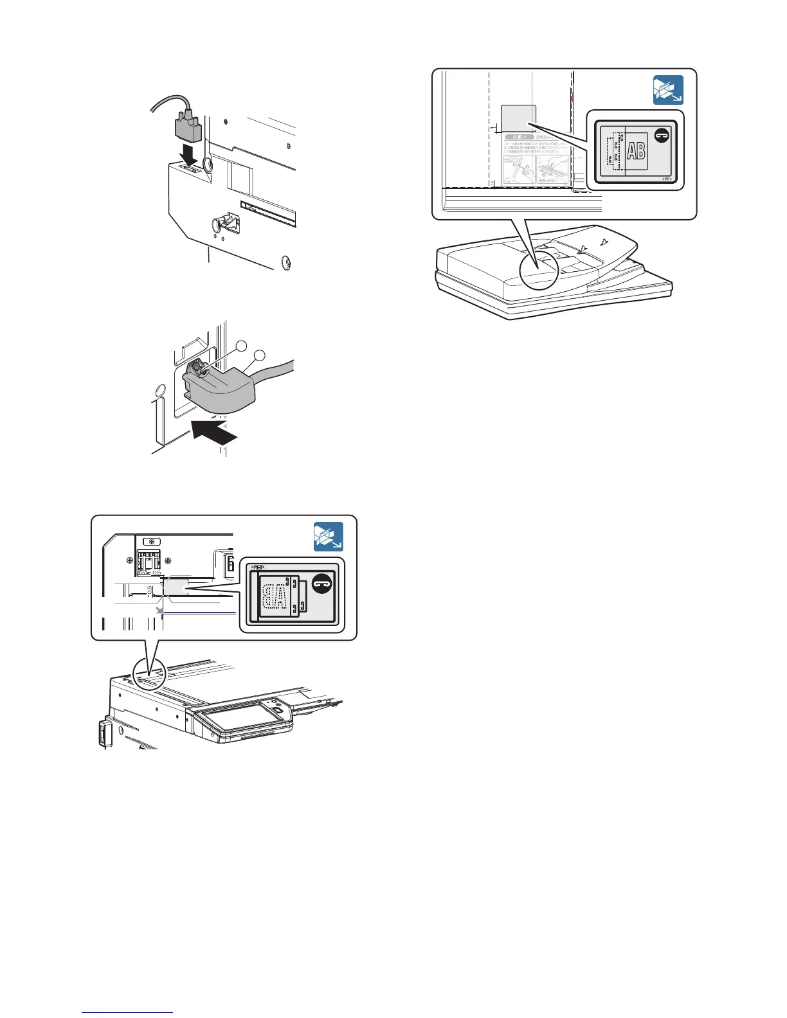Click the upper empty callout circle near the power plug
tap(241, 346)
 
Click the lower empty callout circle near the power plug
tap(260, 355)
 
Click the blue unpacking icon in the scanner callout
tap(329, 537)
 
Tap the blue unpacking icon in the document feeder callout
tap(668, 90)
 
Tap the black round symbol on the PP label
tap(662, 134)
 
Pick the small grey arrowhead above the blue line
tap(159, 610)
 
